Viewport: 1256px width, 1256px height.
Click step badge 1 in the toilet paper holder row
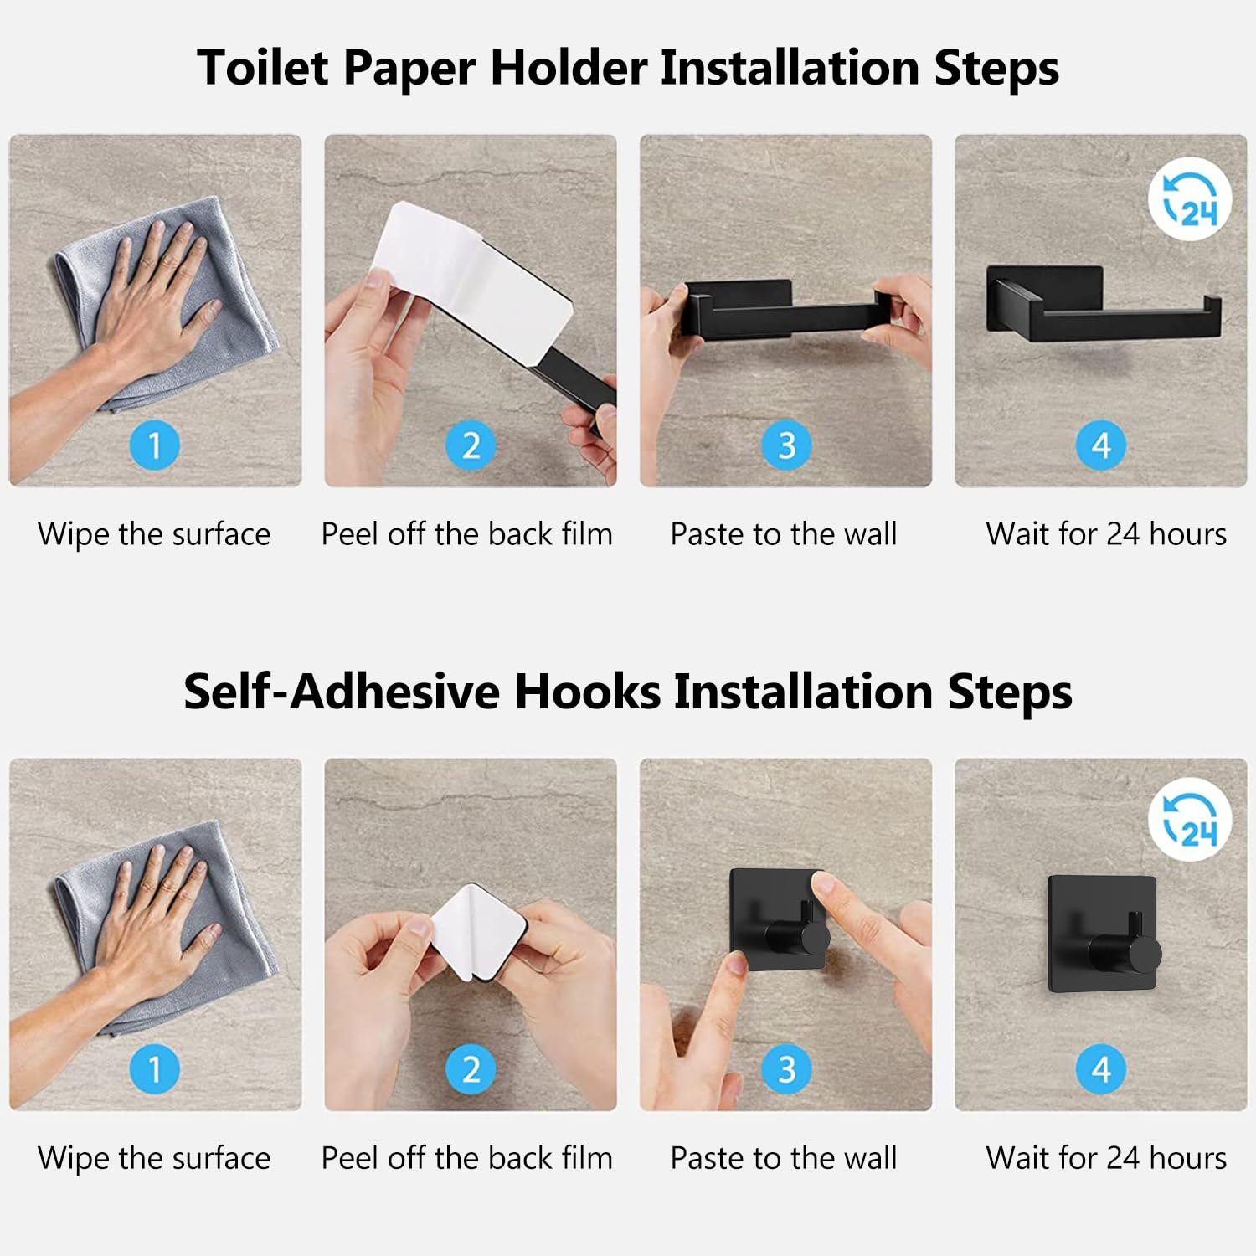point(155,445)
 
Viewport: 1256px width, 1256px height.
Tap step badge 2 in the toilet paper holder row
point(471,445)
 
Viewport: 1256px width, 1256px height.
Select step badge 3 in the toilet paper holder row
point(786,445)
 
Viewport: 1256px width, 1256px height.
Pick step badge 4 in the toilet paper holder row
point(1101,445)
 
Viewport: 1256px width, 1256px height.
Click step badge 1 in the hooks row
point(155,1069)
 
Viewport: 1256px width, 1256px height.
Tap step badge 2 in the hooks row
point(471,1069)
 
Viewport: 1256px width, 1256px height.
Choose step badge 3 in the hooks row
point(786,1069)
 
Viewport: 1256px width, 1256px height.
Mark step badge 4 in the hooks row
point(1101,1069)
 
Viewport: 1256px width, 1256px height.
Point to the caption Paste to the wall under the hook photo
point(784,1158)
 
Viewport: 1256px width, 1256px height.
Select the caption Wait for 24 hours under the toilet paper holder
point(1106,534)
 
